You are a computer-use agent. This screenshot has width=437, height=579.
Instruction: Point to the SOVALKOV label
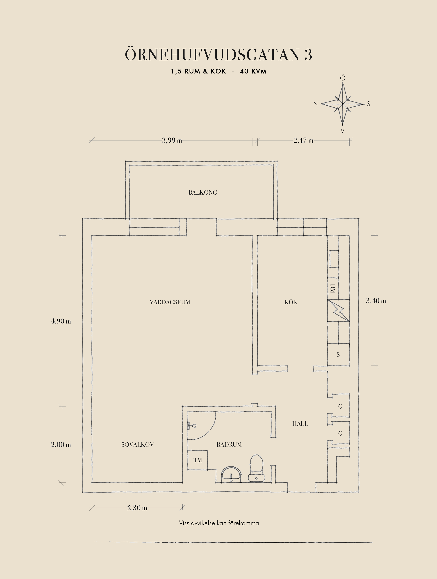coord(138,444)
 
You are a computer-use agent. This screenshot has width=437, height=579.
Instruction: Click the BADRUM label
coord(229,444)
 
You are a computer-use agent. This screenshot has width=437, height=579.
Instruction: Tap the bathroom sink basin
coord(231,474)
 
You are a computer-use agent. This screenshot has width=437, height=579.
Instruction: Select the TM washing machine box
coord(198,460)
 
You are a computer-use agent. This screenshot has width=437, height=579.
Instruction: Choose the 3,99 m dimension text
coord(172,141)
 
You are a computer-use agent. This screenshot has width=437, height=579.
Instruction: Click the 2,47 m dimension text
coord(303,141)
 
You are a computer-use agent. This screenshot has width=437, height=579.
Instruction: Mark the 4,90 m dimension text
coord(61,321)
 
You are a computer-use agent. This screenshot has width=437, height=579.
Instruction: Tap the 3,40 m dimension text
coord(376,301)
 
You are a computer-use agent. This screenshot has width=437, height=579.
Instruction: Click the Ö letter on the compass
coord(343,78)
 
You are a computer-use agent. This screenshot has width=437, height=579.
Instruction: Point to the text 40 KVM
coord(253,71)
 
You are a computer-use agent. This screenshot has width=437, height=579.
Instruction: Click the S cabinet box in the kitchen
coord(338,355)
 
